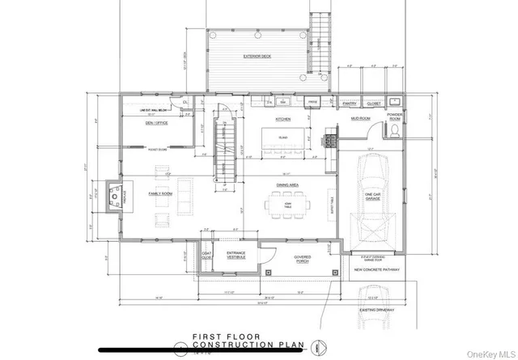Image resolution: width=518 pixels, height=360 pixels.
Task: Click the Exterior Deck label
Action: [x=257, y=57]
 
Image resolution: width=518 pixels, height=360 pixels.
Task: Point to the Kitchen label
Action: [x=283, y=118]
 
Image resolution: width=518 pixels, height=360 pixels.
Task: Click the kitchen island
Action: [x=283, y=139]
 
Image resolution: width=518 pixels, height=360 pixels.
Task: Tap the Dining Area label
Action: [x=288, y=185]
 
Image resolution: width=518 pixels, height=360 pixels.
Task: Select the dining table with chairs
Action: [x=288, y=207]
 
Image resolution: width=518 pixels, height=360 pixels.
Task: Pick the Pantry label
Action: [x=350, y=103]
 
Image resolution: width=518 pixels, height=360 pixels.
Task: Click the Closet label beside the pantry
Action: [x=373, y=103]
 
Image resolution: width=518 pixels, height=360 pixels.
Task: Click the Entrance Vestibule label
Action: [x=236, y=256]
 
